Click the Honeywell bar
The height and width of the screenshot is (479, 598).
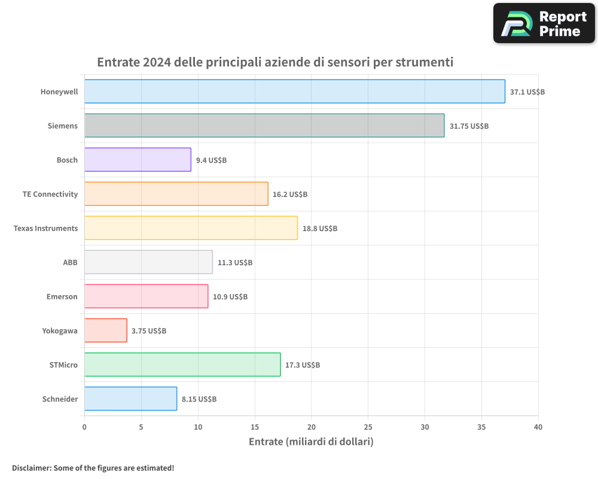[294, 92]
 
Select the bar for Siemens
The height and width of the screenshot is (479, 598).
[264, 126]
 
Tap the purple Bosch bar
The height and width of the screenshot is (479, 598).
[138, 160]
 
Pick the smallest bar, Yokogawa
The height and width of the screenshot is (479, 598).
[105, 331]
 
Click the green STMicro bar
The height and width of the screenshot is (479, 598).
[182, 365]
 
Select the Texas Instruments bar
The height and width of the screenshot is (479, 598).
[191, 228]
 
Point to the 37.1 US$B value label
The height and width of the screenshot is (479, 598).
[527, 92]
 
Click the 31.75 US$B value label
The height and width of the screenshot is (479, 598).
[469, 126]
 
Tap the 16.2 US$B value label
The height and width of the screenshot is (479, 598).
[290, 195]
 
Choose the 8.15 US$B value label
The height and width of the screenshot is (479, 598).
[199, 399]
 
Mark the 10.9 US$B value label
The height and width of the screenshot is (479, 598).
[230, 297]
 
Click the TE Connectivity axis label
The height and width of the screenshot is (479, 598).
[50, 195]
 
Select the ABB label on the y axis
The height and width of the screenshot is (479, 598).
[70, 263]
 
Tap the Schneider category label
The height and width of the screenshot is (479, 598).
[60, 399]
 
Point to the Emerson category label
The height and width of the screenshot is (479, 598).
[62, 297]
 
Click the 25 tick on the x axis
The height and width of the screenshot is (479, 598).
[368, 428]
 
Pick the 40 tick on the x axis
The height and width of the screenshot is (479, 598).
[538, 428]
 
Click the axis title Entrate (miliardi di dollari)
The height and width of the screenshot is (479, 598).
[311, 442]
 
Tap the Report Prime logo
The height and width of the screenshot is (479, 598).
[544, 23]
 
